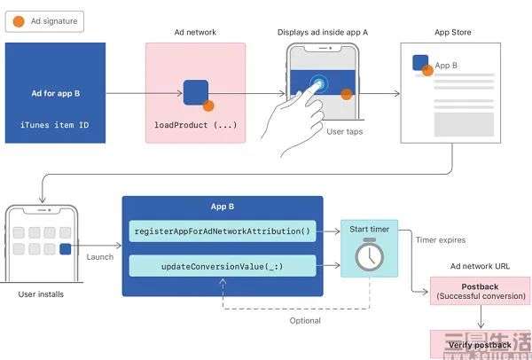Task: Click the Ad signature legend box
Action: pyautogui.click(x=44, y=21)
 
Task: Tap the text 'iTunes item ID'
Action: pyautogui.click(x=55, y=124)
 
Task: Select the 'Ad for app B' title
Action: pyautogui.click(x=55, y=91)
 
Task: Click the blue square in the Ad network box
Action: pyautogui.click(x=195, y=92)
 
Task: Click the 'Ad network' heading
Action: pyautogui.click(x=195, y=33)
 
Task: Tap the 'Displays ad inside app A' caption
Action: pyautogui.click(x=322, y=33)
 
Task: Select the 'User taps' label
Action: pyautogui.click(x=344, y=131)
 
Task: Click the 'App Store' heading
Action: pyautogui.click(x=452, y=33)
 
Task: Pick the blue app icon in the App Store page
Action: pyautogui.click(x=420, y=63)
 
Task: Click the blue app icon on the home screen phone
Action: pyautogui.click(x=65, y=249)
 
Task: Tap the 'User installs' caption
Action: pyautogui.click(x=41, y=293)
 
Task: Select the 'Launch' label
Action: pyautogui.click(x=100, y=256)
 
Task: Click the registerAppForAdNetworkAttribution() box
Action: pyautogui.click(x=223, y=231)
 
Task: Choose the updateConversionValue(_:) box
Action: pyautogui.click(x=223, y=265)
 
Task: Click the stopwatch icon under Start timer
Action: pyautogui.click(x=368, y=256)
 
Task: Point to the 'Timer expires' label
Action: pyautogui.click(x=440, y=239)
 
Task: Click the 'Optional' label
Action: pyautogui.click(x=305, y=320)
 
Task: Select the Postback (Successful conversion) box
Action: pyautogui.click(x=480, y=290)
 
